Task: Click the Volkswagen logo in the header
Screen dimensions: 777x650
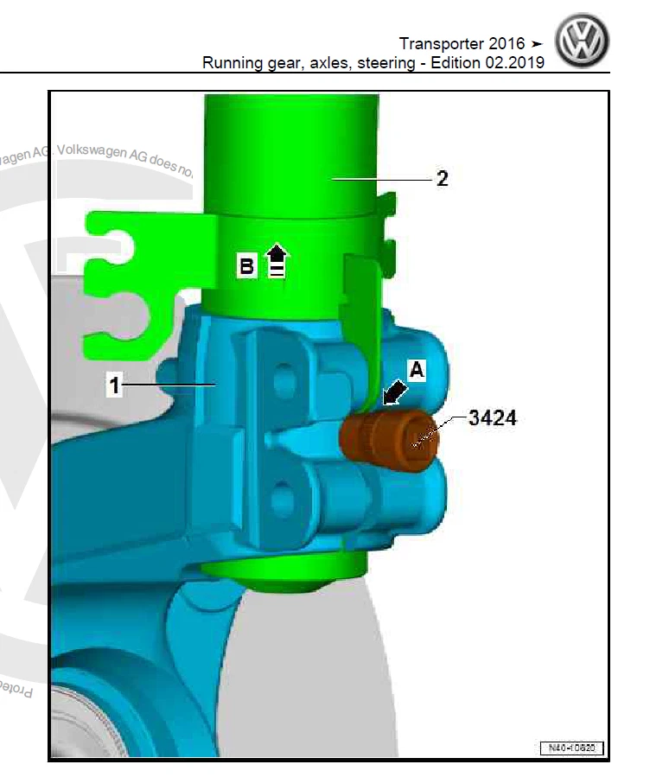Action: point(583,42)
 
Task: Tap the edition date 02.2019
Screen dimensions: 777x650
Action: point(513,63)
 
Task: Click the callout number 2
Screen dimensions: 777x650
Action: point(443,179)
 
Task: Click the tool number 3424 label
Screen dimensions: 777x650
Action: point(493,419)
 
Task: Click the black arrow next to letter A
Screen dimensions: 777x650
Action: point(393,393)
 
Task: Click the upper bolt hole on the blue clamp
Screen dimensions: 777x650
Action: point(283,380)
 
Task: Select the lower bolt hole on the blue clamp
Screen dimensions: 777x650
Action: point(282,499)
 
